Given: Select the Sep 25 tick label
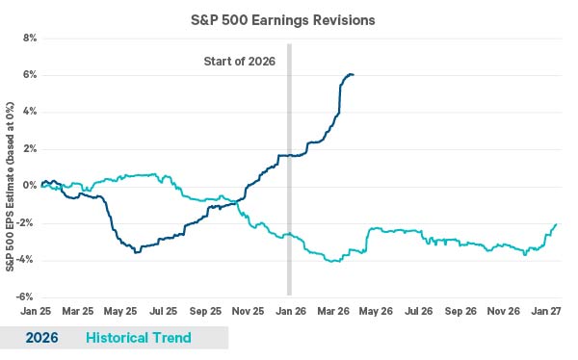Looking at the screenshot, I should coord(204,313).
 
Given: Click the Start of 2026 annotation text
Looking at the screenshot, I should coord(240,63).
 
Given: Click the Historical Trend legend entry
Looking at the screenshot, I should coord(138,338).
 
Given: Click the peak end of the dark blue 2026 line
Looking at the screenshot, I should coord(353,74).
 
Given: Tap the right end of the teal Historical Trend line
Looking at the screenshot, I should coord(557,224).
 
